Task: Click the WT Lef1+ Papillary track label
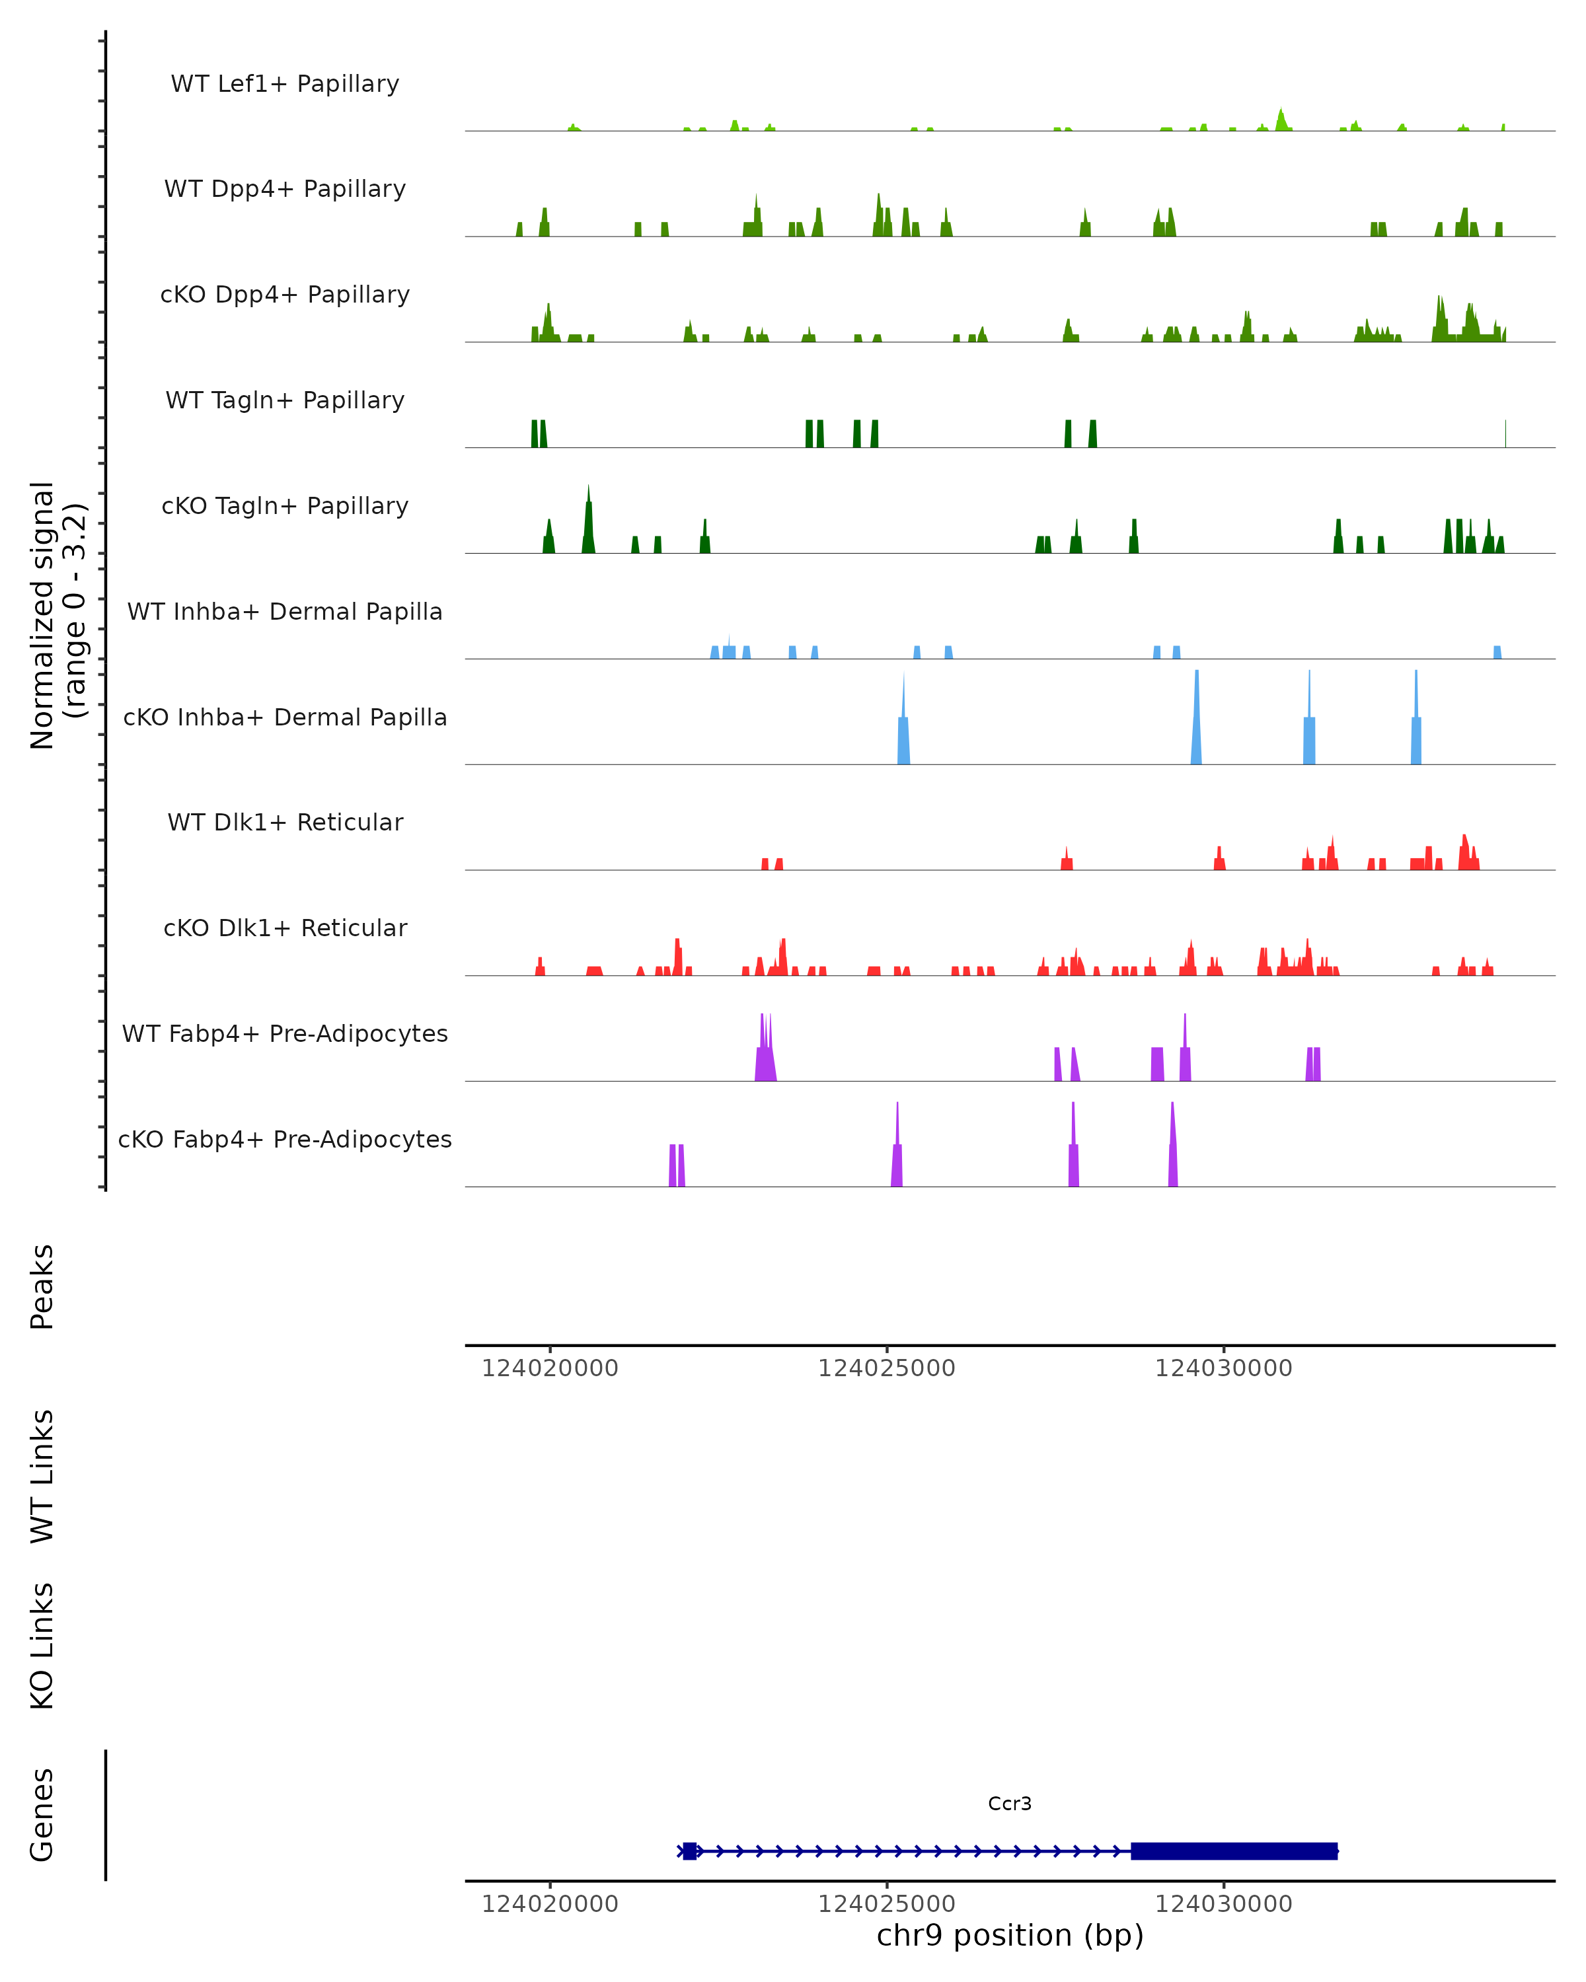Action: [x=285, y=84]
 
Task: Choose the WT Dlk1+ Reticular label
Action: [x=285, y=822]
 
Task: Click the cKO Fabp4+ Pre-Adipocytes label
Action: [x=285, y=1139]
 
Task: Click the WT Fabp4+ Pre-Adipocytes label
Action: [x=285, y=1033]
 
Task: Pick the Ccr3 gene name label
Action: [x=1010, y=1804]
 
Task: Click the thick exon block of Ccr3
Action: [x=1234, y=1851]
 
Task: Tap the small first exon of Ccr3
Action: [x=689, y=1851]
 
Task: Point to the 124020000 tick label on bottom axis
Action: [x=550, y=1904]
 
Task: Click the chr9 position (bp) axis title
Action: [x=1010, y=1936]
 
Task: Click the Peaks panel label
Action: [x=42, y=1286]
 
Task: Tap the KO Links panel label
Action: [x=42, y=1646]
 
